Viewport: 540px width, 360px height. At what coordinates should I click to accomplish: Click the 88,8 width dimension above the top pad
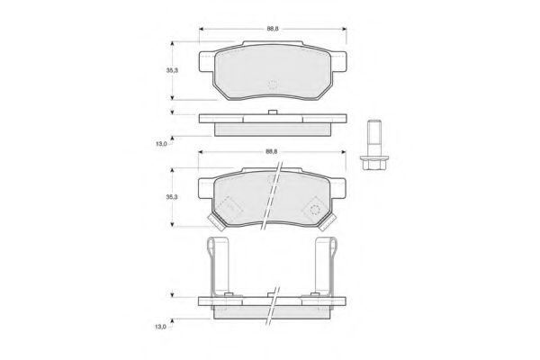(x=273, y=29)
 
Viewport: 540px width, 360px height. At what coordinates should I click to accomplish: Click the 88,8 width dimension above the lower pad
(x=272, y=151)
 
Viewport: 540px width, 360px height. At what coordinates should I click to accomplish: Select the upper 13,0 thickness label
(x=161, y=144)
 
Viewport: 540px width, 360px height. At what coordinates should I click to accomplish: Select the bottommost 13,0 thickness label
(x=160, y=327)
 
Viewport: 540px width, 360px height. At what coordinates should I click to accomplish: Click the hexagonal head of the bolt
(x=374, y=163)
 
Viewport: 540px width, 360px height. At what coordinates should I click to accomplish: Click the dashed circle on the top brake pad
(x=273, y=85)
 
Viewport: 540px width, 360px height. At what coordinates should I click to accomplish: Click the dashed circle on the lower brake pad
(x=315, y=210)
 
